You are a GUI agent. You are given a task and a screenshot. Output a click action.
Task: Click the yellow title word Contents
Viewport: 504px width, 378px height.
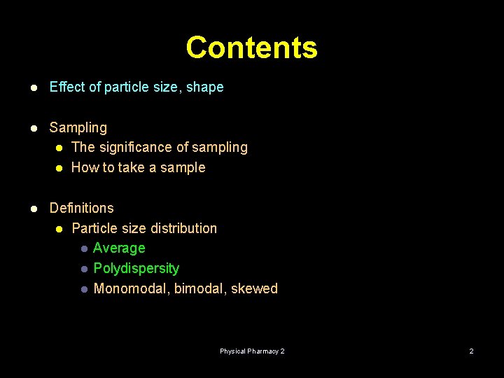point(251,48)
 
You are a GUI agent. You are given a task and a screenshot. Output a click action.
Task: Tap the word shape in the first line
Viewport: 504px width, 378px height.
point(204,87)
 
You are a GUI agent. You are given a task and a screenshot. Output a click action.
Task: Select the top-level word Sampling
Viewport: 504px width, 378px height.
point(78,127)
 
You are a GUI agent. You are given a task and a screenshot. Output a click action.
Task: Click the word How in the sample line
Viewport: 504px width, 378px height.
point(85,167)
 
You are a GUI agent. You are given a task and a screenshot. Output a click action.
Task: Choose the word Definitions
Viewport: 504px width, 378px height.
point(81,208)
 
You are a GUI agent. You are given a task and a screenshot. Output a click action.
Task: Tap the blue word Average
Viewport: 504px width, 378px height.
point(119,248)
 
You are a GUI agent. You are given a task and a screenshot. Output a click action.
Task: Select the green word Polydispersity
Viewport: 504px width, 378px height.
point(136,268)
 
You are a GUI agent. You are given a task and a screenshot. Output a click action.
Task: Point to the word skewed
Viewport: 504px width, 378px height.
point(254,288)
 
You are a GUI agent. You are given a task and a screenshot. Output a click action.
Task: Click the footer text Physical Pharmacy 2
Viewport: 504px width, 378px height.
point(252,351)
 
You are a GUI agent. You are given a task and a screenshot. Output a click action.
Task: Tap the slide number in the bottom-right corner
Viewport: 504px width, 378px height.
point(471,351)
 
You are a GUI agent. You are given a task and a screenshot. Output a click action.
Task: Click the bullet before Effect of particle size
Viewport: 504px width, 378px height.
point(32,87)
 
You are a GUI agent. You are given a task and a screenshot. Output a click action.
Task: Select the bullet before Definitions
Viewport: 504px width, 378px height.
point(32,209)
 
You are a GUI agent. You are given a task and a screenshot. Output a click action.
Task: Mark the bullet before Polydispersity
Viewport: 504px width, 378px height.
point(83,269)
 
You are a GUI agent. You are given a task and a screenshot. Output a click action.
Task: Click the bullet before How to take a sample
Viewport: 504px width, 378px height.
point(60,168)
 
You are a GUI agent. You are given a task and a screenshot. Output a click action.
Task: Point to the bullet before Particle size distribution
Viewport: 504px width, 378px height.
point(60,229)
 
